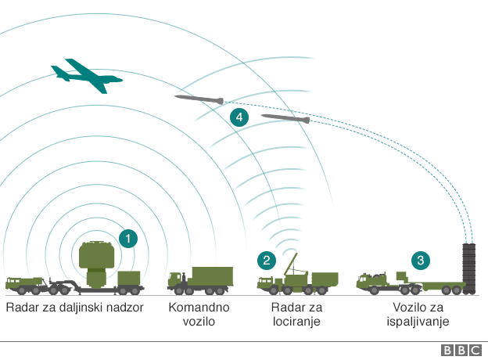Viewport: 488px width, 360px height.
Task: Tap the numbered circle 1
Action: click(x=127, y=239)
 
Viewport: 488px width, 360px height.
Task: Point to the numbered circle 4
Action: click(x=239, y=118)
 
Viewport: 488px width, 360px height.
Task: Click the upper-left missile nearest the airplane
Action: click(x=199, y=99)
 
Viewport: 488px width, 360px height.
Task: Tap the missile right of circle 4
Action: click(x=285, y=119)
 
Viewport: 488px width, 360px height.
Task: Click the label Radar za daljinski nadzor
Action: click(x=74, y=307)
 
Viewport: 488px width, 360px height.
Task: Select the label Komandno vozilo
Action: click(x=192, y=314)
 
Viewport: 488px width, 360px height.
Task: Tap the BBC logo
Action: click(x=461, y=351)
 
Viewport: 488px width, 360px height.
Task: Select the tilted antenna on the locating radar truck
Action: click(x=292, y=265)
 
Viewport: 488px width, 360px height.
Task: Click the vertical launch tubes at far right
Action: click(x=469, y=268)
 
